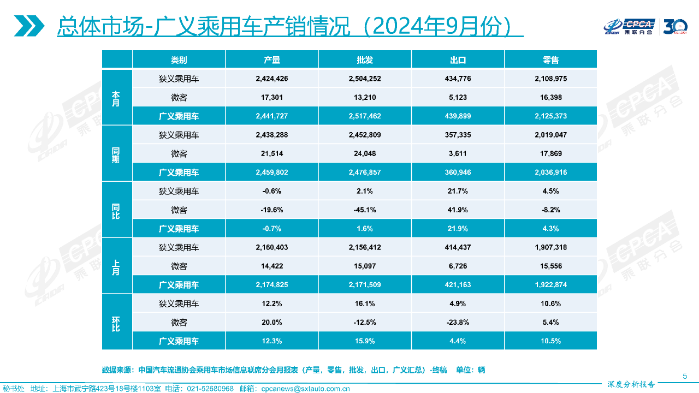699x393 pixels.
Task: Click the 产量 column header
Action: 271,60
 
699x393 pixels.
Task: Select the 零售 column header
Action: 551,60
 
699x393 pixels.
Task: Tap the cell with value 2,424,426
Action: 271,79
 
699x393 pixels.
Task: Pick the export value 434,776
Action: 458,79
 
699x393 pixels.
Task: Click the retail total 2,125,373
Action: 551,116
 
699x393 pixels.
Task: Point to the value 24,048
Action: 364,154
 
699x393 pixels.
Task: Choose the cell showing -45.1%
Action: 364,210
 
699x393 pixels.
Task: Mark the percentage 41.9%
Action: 458,210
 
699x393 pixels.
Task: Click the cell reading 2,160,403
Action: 271,247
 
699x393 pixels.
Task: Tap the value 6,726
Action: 458,266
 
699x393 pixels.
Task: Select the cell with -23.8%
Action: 458,323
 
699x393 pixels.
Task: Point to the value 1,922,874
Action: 551,285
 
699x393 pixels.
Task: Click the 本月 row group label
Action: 116,98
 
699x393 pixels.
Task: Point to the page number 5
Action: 685,376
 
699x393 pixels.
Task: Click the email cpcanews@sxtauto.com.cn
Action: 305,389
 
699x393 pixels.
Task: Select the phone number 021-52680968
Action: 210,389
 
